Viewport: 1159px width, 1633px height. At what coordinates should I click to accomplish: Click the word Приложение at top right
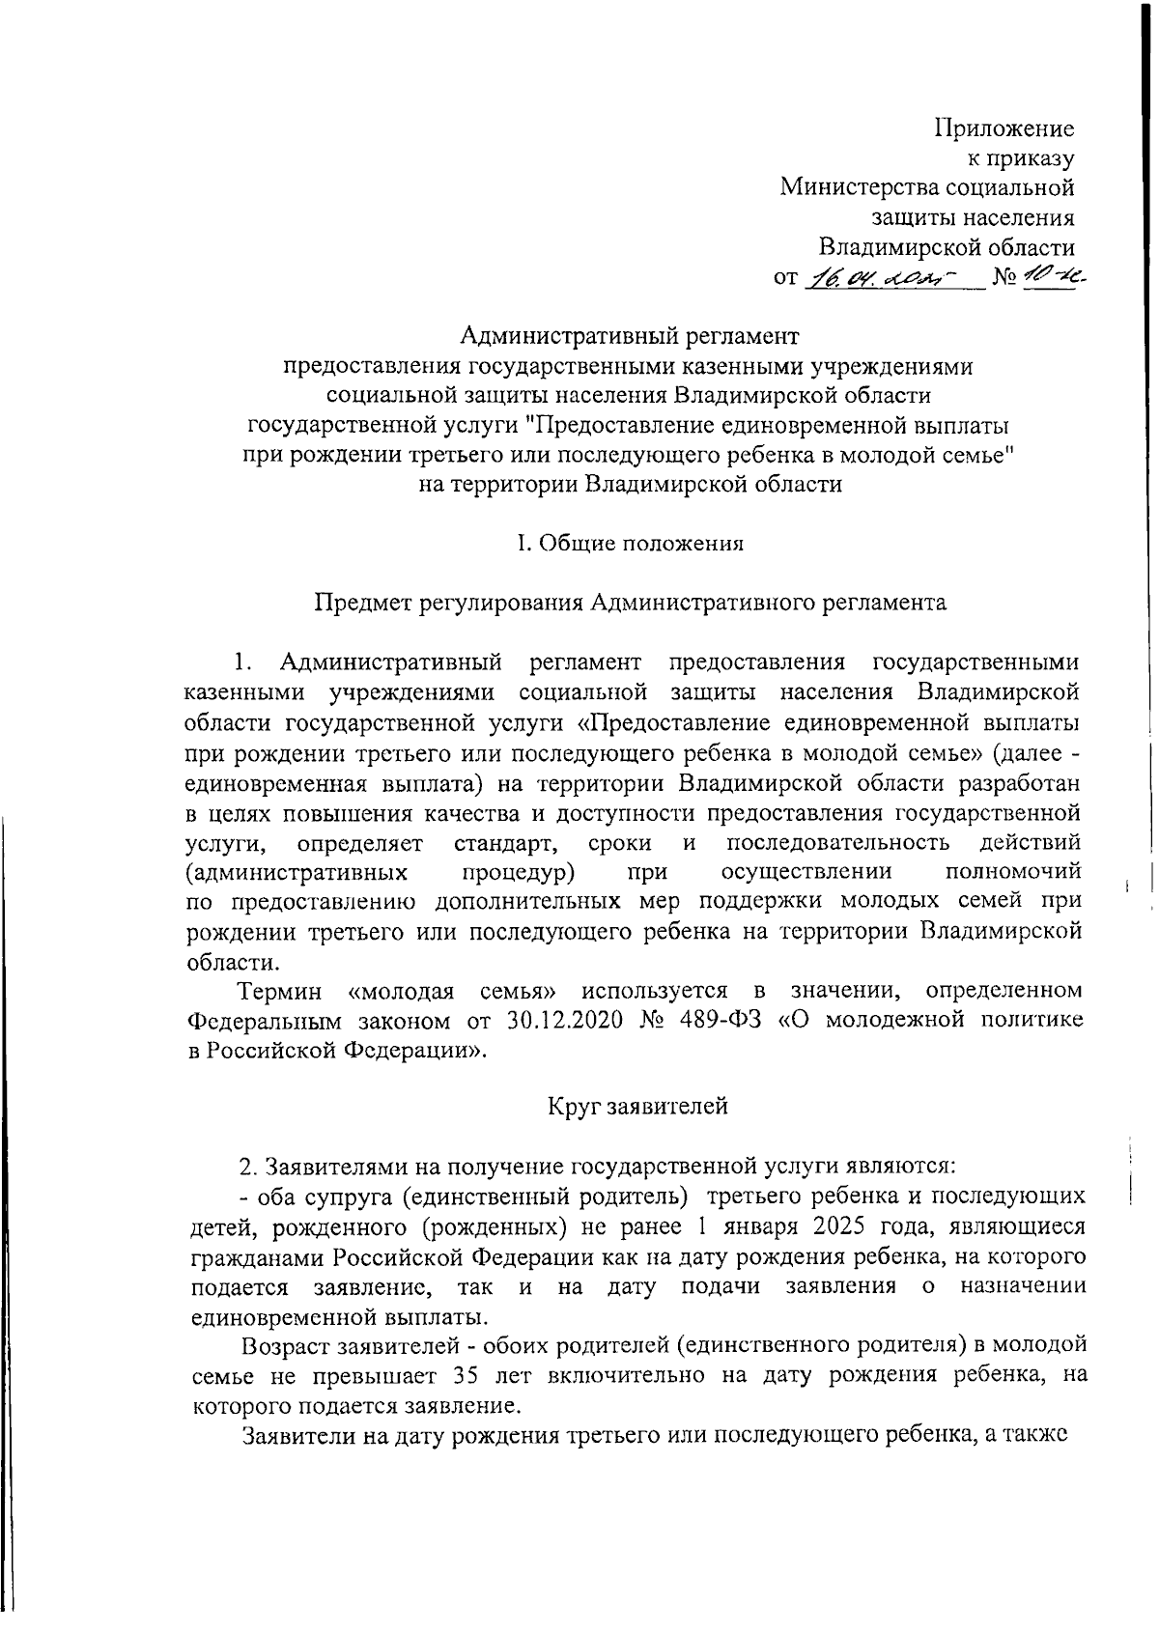[1004, 127]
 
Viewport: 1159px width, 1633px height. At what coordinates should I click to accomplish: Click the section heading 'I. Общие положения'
[630, 543]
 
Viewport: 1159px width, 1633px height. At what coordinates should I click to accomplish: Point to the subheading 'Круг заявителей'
[637, 1107]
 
